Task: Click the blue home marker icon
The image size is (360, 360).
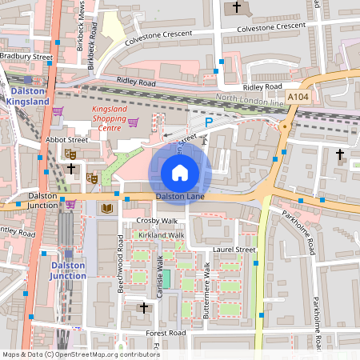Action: pyautogui.click(x=180, y=172)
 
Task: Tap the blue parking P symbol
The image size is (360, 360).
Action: pyautogui.click(x=209, y=122)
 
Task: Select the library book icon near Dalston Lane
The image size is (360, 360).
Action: pyautogui.click(x=106, y=208)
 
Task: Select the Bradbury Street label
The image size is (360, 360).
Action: pyautogui.click(x=26, y=57)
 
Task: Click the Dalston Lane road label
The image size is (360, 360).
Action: pyautogui.click(x=176, y=196)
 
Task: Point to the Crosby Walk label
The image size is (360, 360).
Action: pyautogui.click(x=157, y=220)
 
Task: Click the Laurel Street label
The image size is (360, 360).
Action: pyautogui.click(x=234, y=250)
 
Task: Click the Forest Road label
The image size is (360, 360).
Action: pyautogui.click(x=166, y=333)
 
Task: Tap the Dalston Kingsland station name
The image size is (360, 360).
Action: pyautogui.click(x=27, y=96)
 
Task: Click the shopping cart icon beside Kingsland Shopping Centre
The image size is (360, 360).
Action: pyautogui.click(x=134, y=122)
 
